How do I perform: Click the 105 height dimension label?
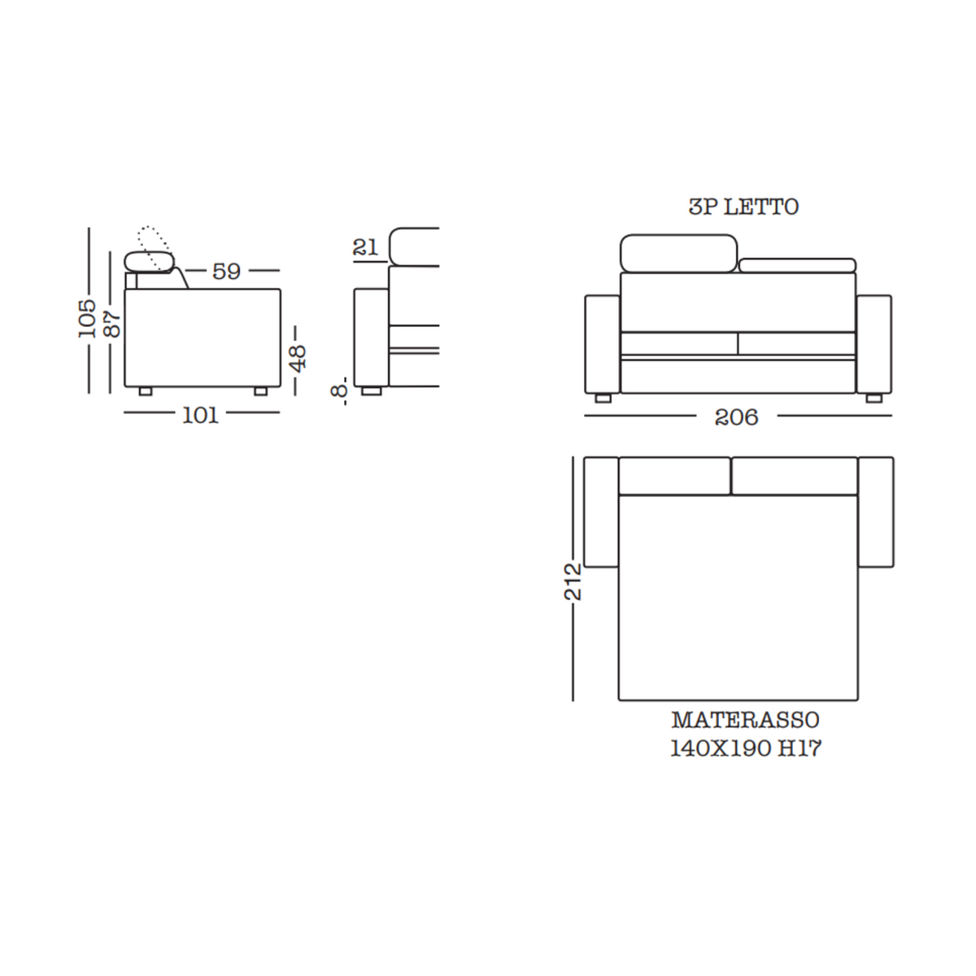click(x=88, y=319)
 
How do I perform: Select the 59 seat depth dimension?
click(x=226, y=271)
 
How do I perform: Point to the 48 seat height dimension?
click(x=298, y=358)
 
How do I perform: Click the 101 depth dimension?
click(x=201, y=416)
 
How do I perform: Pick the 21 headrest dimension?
click(x=366, y=247)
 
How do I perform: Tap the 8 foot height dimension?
click(x=340, y=390)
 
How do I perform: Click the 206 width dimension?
click(x=736, y=417)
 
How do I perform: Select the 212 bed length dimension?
click(x=573, y=582)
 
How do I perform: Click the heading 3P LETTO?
click(x=743, y=207)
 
